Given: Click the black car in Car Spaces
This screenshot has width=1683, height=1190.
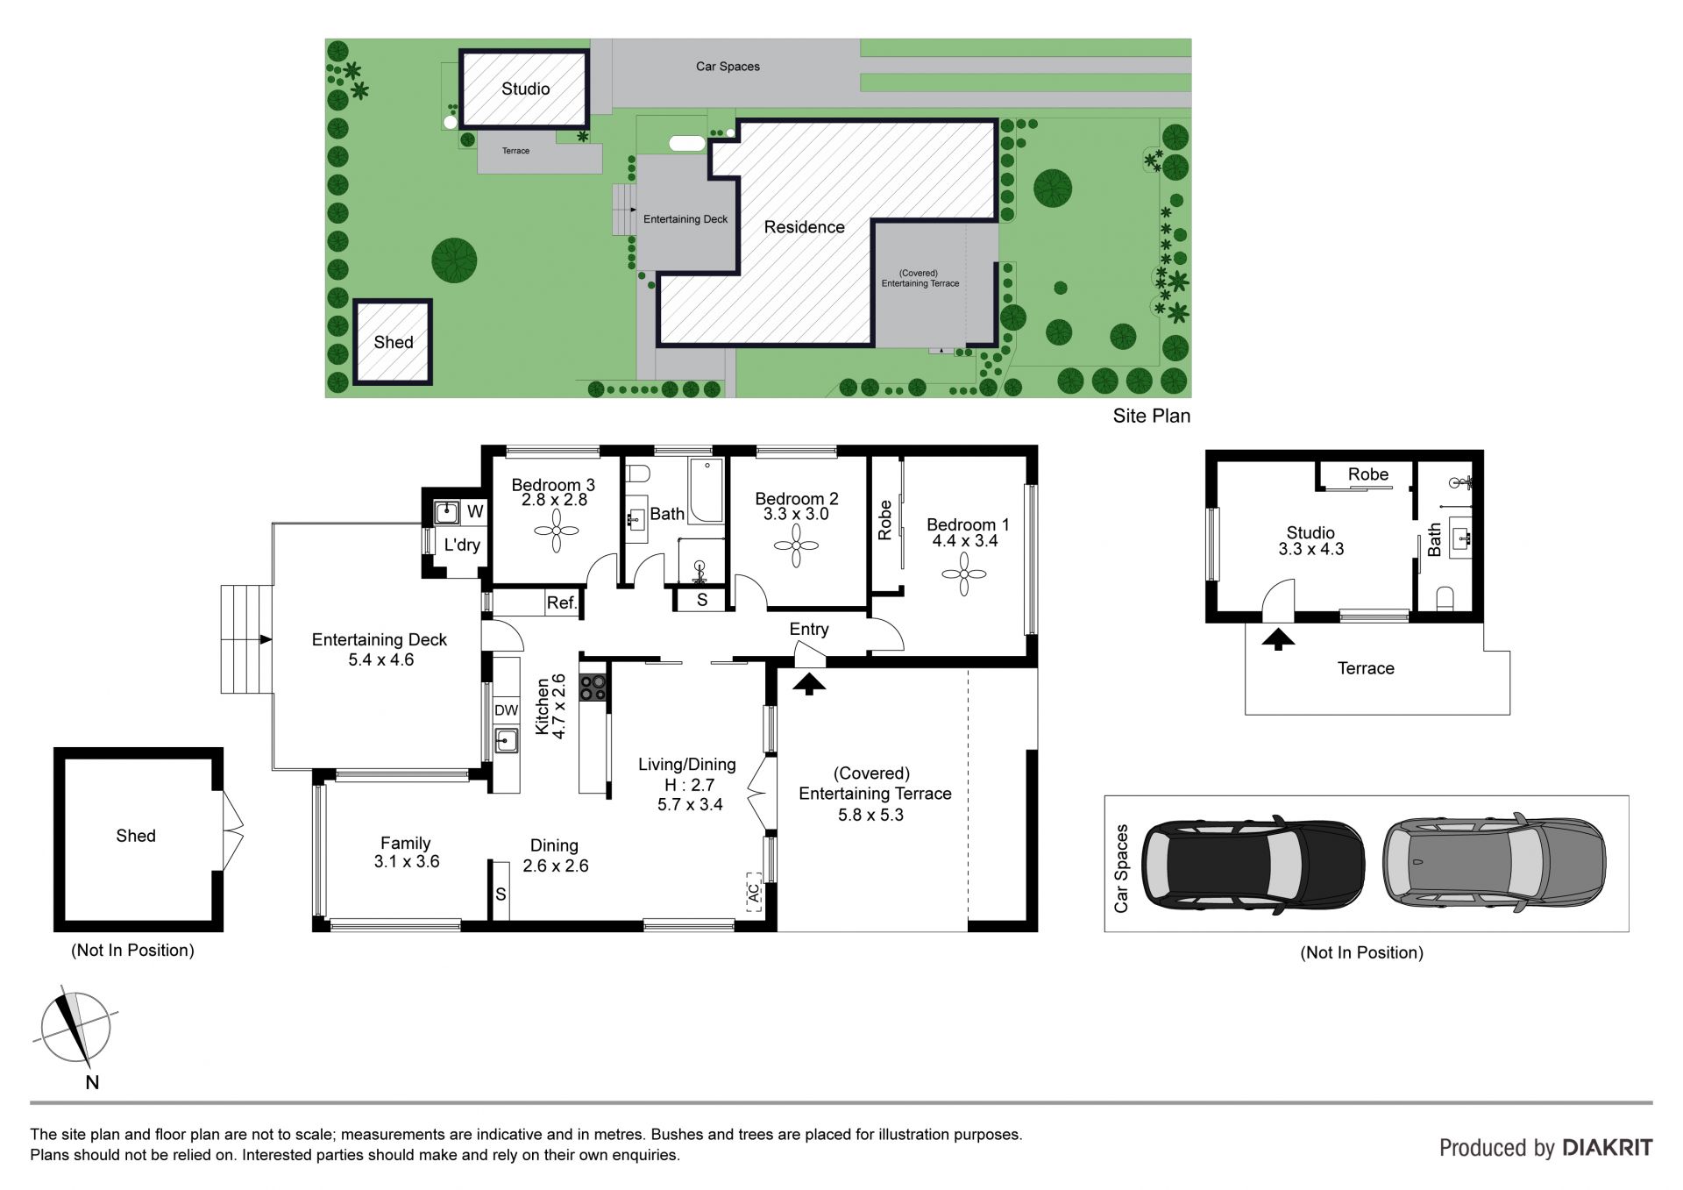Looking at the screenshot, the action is coord(1253,863).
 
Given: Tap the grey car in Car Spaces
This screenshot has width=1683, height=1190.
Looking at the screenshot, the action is coord(1495,861).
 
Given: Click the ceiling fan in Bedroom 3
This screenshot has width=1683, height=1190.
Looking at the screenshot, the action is coord(556,531).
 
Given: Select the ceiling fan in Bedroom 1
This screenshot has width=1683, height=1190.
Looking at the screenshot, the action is coord(963,574).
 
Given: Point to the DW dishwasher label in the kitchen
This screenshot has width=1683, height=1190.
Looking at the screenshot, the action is coord(507,710).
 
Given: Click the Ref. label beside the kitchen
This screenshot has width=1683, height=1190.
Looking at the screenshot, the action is coord(562,603).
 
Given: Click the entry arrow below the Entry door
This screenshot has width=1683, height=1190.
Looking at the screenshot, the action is coord(809,682).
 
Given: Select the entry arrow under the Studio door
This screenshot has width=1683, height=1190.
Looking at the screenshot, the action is coord(1278,638).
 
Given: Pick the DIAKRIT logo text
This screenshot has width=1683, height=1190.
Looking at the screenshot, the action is coord(1607,1148).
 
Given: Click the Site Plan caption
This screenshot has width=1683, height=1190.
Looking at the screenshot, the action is coord(1152,416).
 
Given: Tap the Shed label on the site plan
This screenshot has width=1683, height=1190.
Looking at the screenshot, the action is coord(394,342).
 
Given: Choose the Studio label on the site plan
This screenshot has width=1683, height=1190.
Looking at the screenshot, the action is coord(526,89).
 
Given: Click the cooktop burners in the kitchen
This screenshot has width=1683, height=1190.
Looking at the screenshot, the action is coord(593,688).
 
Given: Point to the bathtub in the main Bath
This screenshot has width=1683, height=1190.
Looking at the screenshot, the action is coord(706,490).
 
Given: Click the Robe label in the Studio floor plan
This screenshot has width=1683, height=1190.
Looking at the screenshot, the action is coord(1368,474).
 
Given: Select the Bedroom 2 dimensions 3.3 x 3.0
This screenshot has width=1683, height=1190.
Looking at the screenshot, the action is coord(796,514).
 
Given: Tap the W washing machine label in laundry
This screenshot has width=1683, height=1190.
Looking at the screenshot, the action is coord(475,511).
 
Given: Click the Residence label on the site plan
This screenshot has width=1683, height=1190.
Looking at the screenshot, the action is coord(805,227).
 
